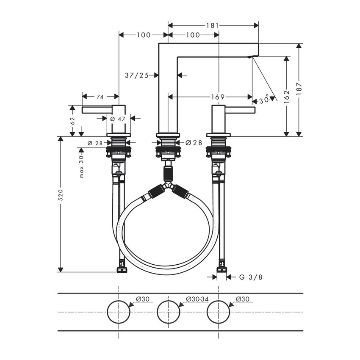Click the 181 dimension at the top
(x=213, y=25)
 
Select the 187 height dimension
(x=299, y=90)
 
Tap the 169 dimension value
(x=217, y=97)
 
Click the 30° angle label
(x=264, y=100)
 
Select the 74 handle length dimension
(x=100, y=97)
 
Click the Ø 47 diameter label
(x=119, y=119)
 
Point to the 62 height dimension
(x=72, y=120)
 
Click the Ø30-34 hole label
(x=196, y=299)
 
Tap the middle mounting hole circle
(x=168, y=313)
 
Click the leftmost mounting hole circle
(x=119, y=313)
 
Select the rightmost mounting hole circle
(x=218, y=313)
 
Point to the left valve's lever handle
(x=97, y=110)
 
